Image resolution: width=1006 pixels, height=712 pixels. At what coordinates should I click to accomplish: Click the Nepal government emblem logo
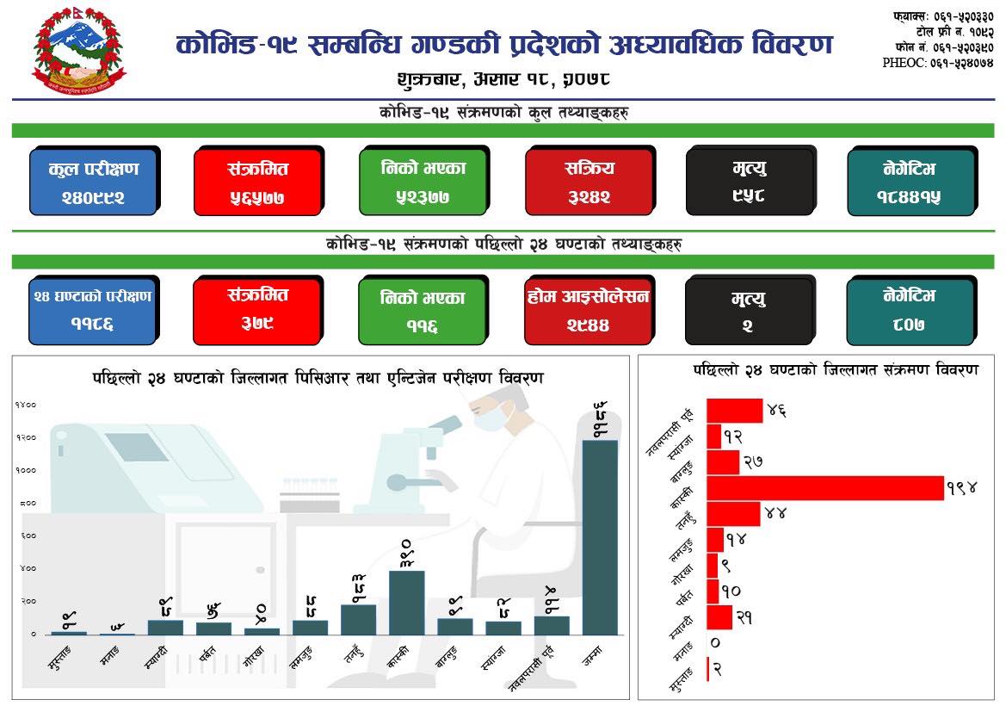(78, 53)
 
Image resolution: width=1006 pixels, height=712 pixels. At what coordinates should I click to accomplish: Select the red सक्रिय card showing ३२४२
(589, 181)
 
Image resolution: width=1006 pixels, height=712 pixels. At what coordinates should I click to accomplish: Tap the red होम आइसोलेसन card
(589, 308)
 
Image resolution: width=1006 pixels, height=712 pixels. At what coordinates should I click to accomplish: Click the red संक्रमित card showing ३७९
(258, 308)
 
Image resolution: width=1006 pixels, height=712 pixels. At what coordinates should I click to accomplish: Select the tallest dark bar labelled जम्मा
(599, 537)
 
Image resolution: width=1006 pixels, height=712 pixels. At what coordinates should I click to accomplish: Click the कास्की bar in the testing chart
(406, 602)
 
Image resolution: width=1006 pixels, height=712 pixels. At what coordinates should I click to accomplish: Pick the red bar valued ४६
(734, 411)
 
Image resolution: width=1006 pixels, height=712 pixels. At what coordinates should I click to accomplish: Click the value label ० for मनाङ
(715, 642)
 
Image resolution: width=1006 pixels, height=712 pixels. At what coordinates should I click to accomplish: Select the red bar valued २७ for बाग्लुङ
(722, 462)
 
